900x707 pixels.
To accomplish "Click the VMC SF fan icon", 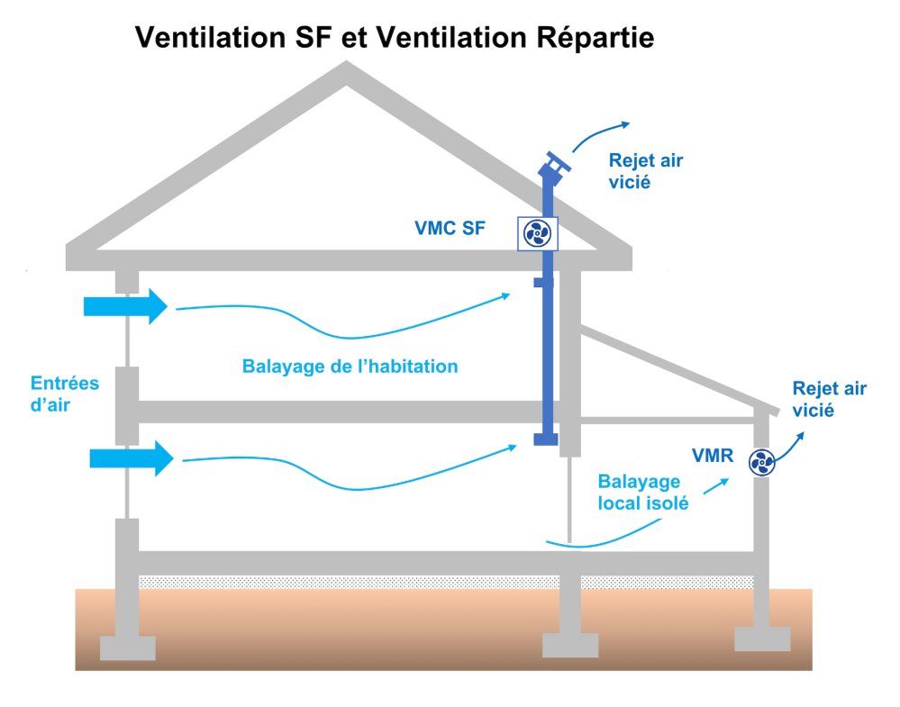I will pos(538,234).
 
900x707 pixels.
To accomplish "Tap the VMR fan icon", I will pos(761,463).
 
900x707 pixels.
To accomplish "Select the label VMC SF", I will pos(450,229).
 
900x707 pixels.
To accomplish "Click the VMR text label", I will pos(712,457).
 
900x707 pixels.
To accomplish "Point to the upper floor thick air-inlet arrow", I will pos(125,306).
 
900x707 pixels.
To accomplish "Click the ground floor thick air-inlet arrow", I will pos(131,458).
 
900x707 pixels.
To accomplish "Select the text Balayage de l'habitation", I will pos(350,367).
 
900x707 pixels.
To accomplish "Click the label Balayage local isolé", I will pos(643,492).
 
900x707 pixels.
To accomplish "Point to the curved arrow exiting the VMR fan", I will pos(789,445).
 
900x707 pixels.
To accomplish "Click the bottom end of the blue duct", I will pos(543,439).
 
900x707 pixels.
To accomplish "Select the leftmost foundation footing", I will pos(127,648).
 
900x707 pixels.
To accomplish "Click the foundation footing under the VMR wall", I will pos(762,639).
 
